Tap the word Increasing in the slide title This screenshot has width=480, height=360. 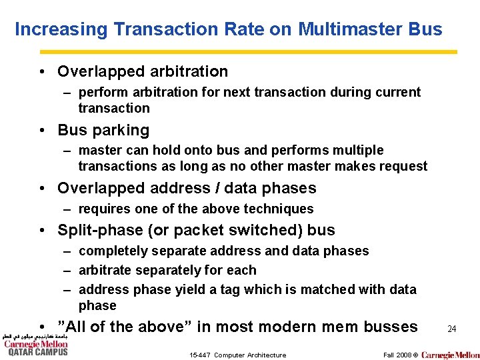61,29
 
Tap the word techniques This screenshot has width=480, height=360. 279,209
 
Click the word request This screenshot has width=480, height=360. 403,166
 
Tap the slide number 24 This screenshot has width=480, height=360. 451,329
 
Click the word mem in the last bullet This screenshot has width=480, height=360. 339,327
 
